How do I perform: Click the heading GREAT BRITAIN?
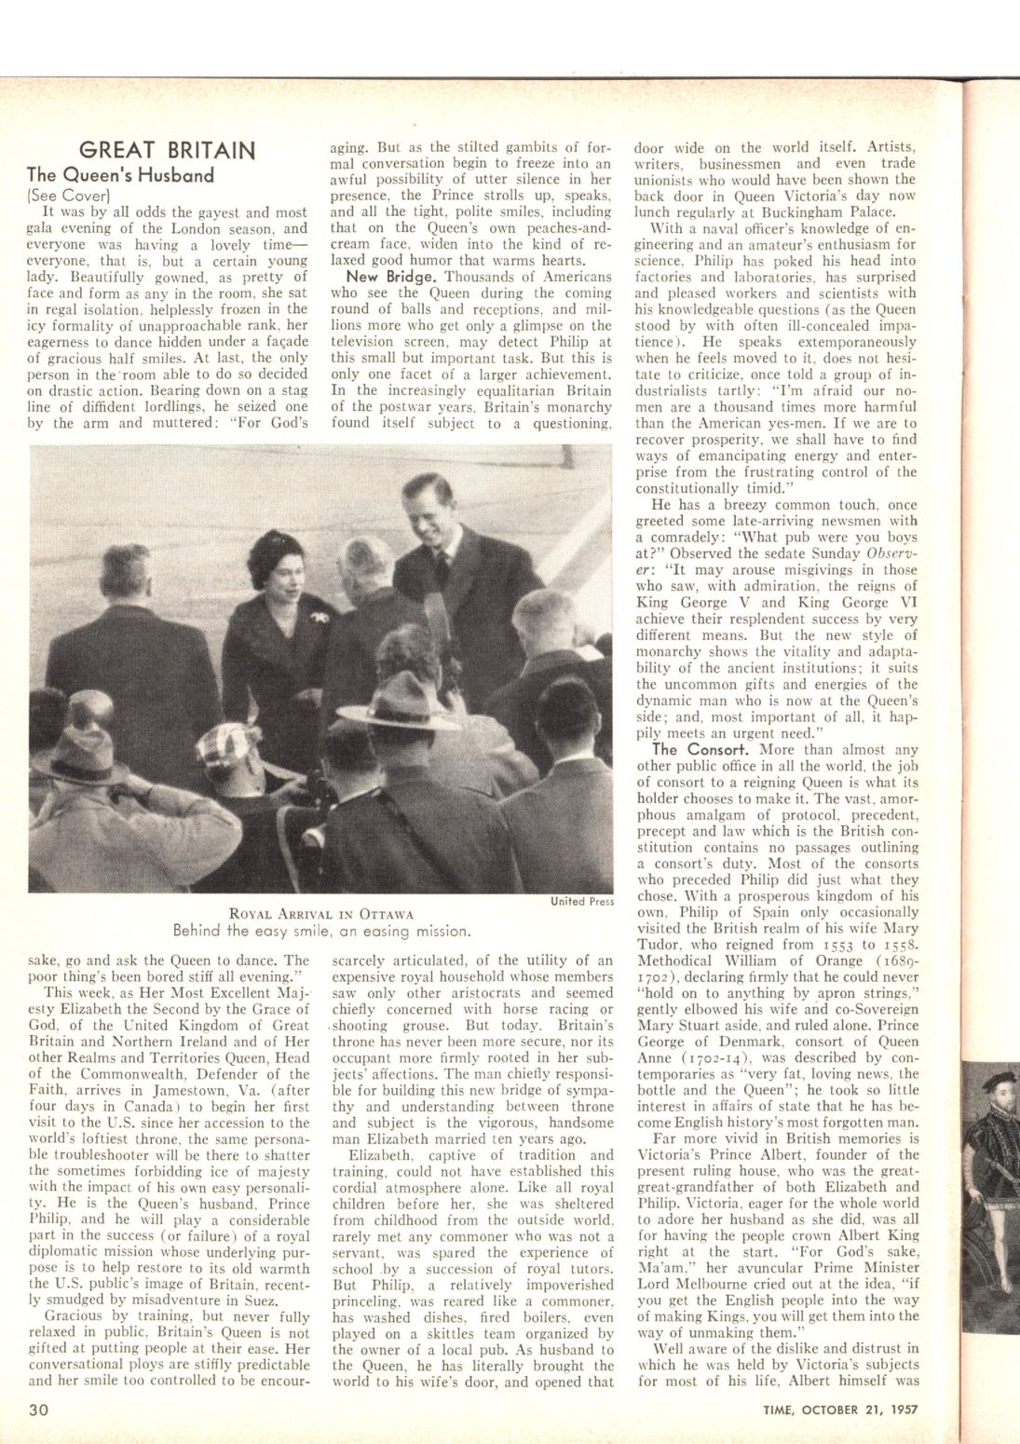coord(168,150)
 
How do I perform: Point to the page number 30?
coord(38,1409)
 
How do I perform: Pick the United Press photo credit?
coord(581,901)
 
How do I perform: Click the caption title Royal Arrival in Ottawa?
coord(321,913)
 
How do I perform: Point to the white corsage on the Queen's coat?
coord(322,619)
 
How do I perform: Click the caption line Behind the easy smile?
coord(321,930)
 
